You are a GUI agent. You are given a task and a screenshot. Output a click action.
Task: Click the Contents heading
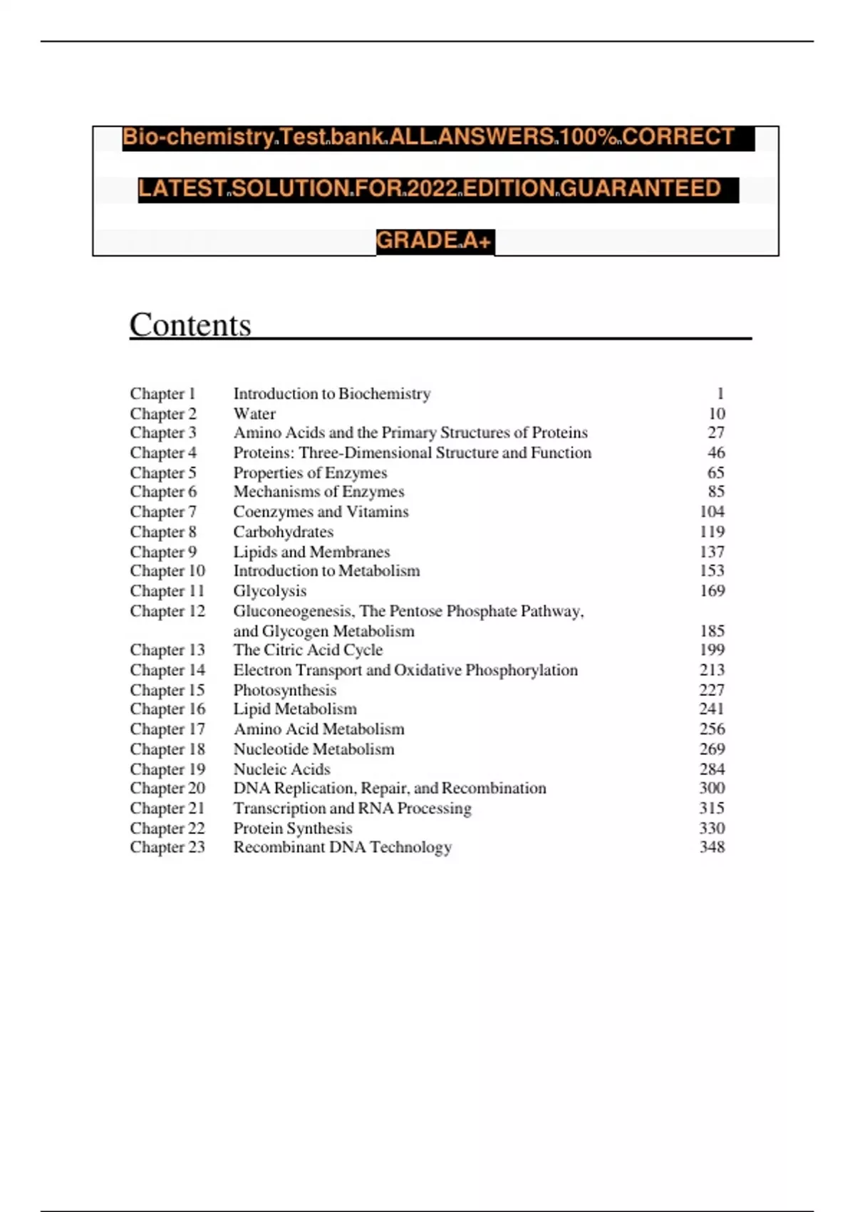tap(190, 325)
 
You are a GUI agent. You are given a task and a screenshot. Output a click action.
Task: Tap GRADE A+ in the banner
tap(434, 241)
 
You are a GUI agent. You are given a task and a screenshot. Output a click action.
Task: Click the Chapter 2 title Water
tap(254, 414)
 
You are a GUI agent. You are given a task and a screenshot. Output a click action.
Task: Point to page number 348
tap(712, 847)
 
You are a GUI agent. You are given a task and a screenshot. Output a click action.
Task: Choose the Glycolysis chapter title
tap(270, 591)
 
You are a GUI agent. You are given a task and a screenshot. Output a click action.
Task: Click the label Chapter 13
tap(167, 650)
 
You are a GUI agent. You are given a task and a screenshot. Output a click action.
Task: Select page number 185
tap(712, 631)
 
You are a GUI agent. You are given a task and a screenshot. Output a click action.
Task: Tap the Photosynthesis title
tap(285, 690)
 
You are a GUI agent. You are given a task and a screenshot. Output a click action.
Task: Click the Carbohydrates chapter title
tap(284, 532)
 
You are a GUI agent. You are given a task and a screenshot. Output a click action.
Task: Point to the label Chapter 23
tap(167, 847)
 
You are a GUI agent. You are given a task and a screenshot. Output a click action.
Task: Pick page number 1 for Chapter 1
tap(720, 394)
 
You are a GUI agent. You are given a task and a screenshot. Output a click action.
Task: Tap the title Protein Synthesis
tap(293, 828)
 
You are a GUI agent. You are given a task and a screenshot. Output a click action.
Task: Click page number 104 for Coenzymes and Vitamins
tap(712, 512)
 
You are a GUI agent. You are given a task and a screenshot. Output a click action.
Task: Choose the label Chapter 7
tap(163, 512)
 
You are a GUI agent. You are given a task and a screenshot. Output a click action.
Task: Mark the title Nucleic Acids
tap(282, 769)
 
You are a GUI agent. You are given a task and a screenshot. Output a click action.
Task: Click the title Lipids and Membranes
tap(312, 552)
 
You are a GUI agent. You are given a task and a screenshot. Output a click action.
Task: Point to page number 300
tap(712, 788)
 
